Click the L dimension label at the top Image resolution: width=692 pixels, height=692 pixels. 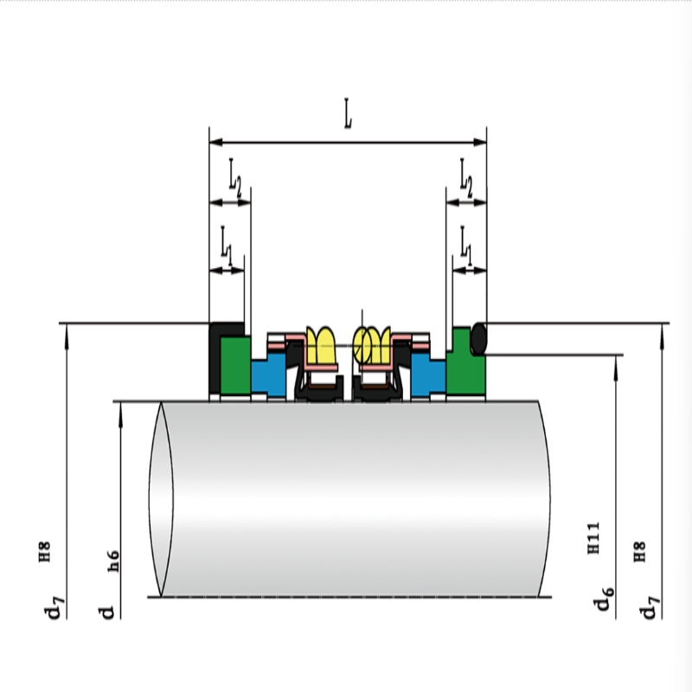click(x=349, y=114)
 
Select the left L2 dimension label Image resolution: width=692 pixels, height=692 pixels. click(x=235, y=178)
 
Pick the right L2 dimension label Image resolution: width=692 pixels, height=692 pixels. click(x=466, y=178)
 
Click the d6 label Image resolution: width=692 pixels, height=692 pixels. click(x=604, y=599)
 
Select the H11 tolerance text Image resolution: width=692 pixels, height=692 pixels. click(x=593, y=538)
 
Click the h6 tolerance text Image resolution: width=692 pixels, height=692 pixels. click(x=113, y=561)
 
